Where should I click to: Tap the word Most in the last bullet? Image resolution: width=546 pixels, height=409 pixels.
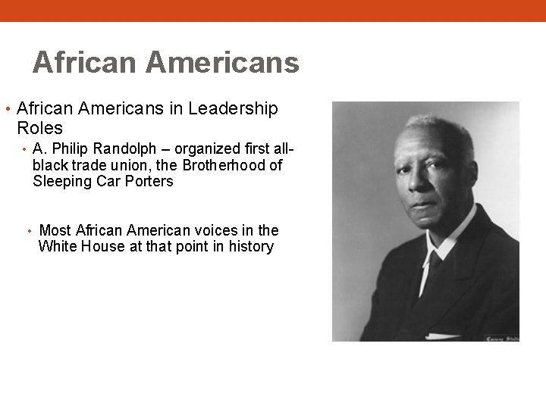point(55,230)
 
